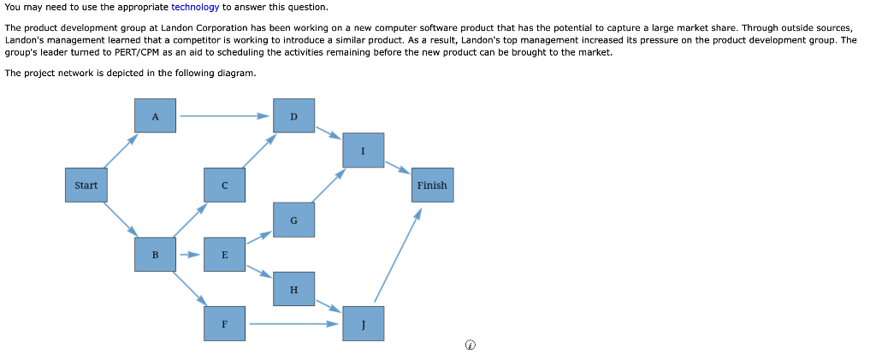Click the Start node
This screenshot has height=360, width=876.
click(86, 185)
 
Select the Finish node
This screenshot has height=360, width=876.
click(432, 185)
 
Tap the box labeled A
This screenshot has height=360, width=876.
click(156, 115)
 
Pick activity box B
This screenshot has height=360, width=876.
click(156, 255)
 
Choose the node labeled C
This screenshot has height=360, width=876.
click(225, 185)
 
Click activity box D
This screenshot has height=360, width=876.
click(294, 115)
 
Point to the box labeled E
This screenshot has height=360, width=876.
click(225, 255)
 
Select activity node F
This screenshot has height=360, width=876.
click(225, 324)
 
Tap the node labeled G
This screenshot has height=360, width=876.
click(294, 220)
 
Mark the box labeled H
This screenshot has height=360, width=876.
click(294, 289)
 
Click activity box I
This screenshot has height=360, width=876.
click(363, 150)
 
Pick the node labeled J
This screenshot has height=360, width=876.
click(363, 324)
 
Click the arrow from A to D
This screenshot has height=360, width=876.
click(225, 116)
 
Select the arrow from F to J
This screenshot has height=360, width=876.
click(294, 323)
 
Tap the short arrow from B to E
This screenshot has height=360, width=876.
click(190, 255)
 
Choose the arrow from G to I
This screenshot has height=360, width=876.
click(328, 186)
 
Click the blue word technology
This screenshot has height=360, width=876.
click(195, 7)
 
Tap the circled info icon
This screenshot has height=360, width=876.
click(471, 345)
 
